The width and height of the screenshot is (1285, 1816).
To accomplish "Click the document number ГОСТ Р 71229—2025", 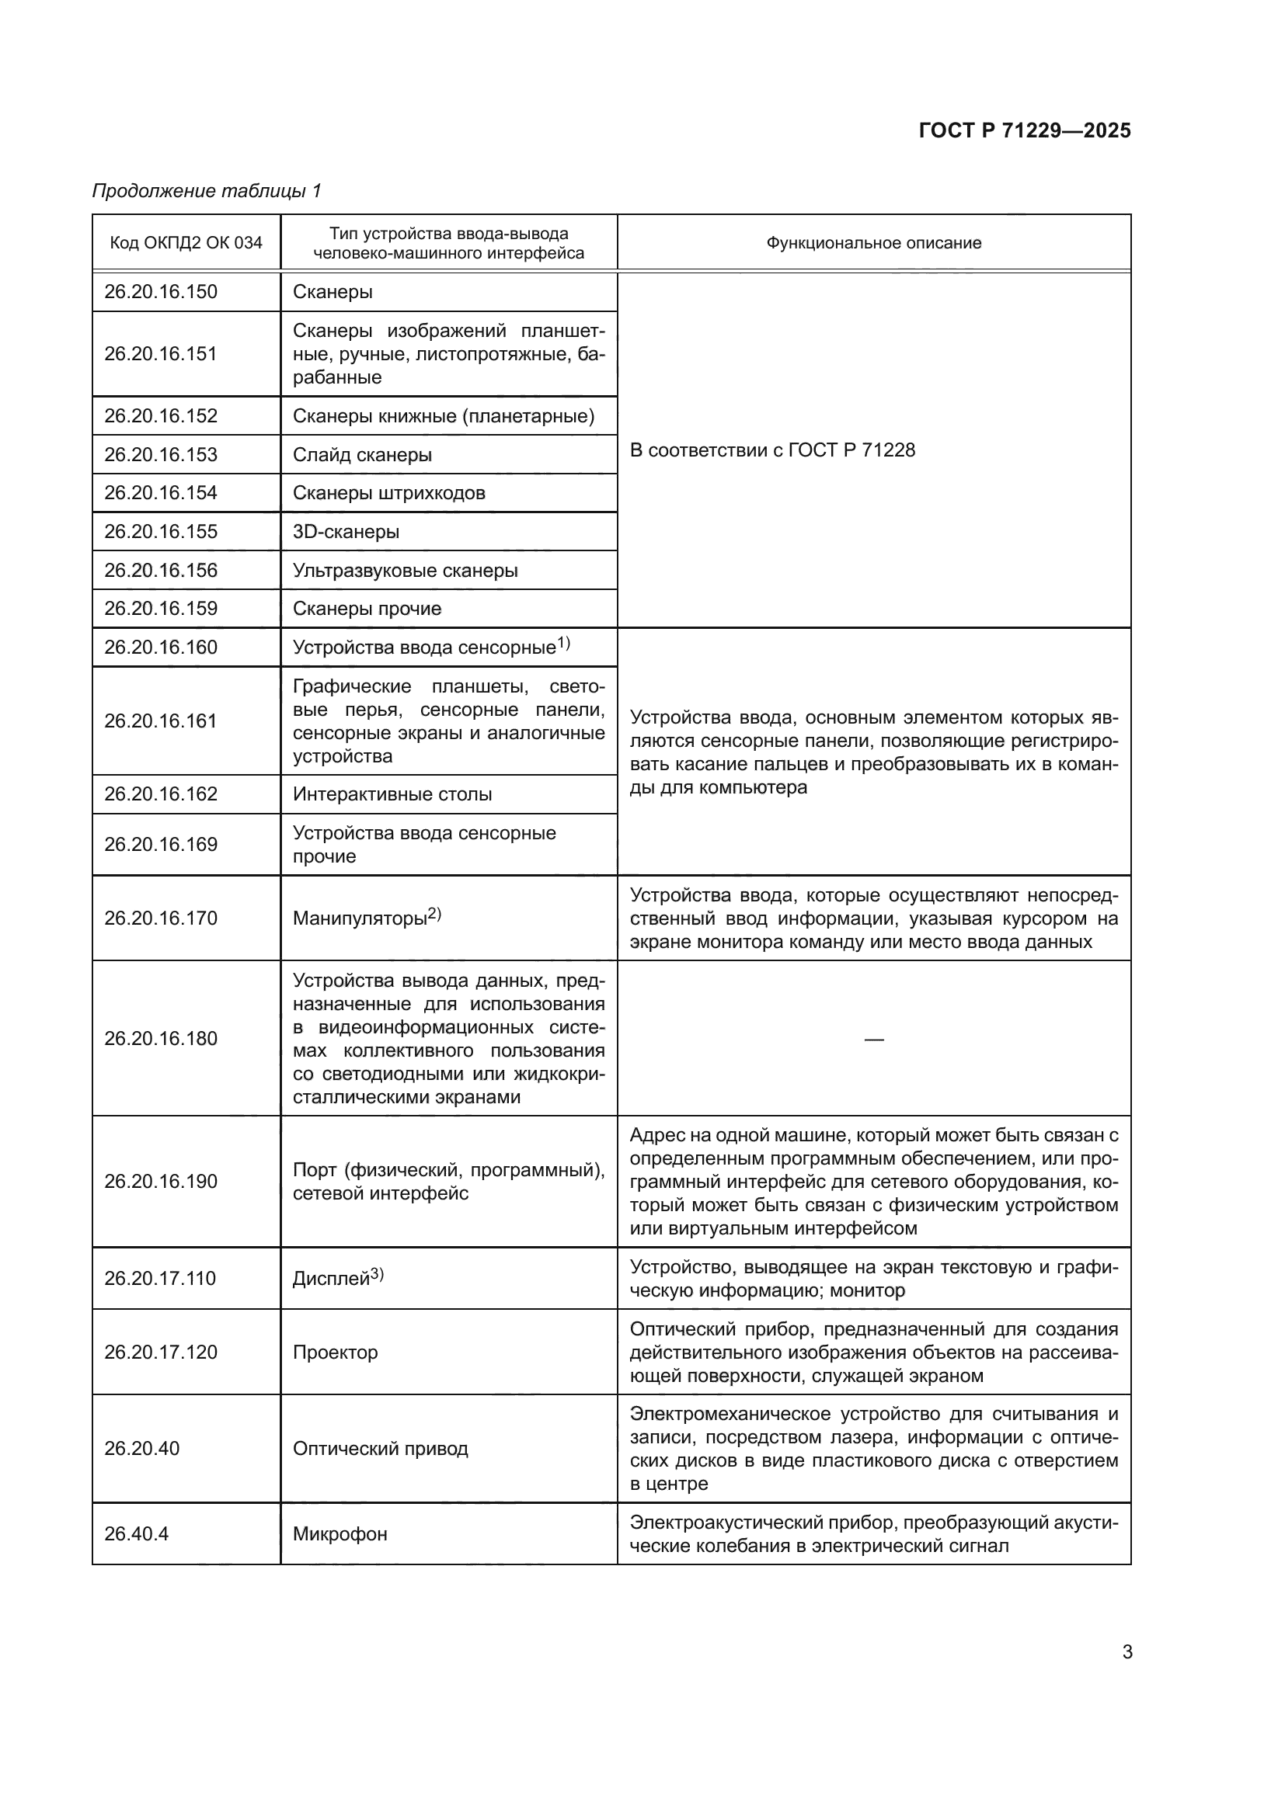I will coord(1024,130).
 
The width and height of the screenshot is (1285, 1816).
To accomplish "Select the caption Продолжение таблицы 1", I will coord(207,191).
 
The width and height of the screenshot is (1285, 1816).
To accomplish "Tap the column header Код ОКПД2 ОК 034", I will coord(186,243).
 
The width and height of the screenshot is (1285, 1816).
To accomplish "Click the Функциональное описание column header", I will coord(872,243).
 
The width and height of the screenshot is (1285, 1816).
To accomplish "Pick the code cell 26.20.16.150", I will coord(161,292).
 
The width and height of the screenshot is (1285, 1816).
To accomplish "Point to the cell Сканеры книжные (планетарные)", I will coord(443,416).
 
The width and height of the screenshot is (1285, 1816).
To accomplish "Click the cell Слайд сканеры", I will coord(361,455).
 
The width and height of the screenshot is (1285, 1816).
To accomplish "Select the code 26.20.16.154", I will coord(161,493).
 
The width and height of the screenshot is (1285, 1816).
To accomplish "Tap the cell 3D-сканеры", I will coord(346,532).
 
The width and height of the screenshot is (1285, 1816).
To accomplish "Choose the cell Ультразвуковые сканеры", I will coord(405,571).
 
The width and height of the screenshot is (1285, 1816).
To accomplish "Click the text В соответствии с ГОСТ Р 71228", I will coord(771,450).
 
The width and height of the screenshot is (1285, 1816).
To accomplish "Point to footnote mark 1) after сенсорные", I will coord(563,643).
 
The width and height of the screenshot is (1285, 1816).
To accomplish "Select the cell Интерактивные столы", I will coord(392,794).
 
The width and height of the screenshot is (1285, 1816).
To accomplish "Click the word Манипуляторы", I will coord(359,918).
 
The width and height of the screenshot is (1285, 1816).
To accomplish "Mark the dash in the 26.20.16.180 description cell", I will coord(873,1039).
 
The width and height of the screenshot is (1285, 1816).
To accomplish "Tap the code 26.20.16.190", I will coord(161,1181).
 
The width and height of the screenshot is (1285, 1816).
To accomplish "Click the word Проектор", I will coord(335,1352).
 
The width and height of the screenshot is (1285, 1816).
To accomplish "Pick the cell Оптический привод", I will coord(380,1448).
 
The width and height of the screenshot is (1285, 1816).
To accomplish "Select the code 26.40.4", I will coord(136,1533).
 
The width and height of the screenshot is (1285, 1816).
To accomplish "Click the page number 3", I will coord(1127,1651).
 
